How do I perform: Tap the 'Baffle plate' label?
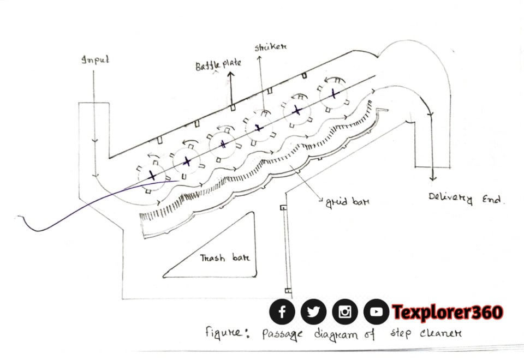[218, 65]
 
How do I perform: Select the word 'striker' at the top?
[271, 47]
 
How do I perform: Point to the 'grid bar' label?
[347, 201]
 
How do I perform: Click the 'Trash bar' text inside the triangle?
[224, 257]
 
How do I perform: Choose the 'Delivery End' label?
[467, 199]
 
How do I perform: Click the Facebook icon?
[282, 312]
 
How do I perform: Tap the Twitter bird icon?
[313, 312]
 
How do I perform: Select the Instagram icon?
[345, 312]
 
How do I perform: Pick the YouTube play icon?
[376, 312]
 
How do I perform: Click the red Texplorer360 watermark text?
[448, 312]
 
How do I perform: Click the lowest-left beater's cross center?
[152, 176]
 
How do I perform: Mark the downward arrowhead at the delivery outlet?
[432, 178]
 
